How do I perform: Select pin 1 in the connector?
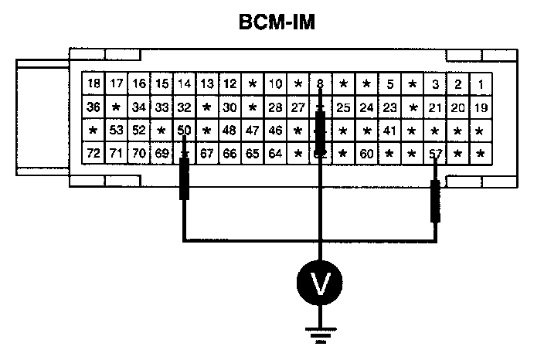[x=481, y=84]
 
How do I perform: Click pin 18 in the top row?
[x=93, y=84]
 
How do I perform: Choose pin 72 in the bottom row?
[x=93, y=154]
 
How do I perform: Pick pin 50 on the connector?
[x=184, y=131]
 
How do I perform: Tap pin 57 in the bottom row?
[x=436, y=154]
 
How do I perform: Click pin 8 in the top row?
[x=320, y=84]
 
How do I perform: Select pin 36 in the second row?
[x=93, y=107]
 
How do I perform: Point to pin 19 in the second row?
[x=481, y=107]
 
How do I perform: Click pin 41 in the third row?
[x=389, y=131]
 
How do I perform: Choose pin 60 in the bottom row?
[x=366, y=154]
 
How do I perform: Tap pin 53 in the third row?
[x=116, y=131]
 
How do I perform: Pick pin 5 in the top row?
[x=389, y=84]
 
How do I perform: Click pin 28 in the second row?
[x=274, y=107]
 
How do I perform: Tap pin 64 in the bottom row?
[x=274, y=154]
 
